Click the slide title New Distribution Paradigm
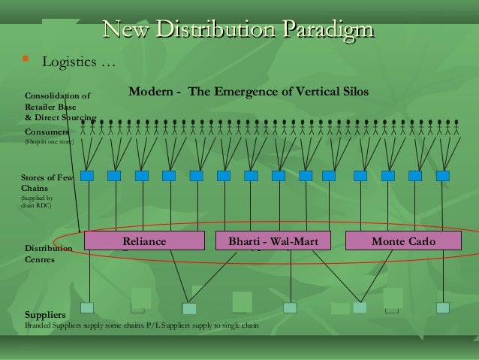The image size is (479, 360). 239,30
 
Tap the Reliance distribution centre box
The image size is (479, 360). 144,241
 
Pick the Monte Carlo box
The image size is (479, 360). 402,241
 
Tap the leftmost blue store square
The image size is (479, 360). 87,176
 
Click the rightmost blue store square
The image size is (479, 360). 442,176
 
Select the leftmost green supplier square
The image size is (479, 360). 87,307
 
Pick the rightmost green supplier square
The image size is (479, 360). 442,307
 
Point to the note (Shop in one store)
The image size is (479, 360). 49,141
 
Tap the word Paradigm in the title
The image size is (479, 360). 327,30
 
